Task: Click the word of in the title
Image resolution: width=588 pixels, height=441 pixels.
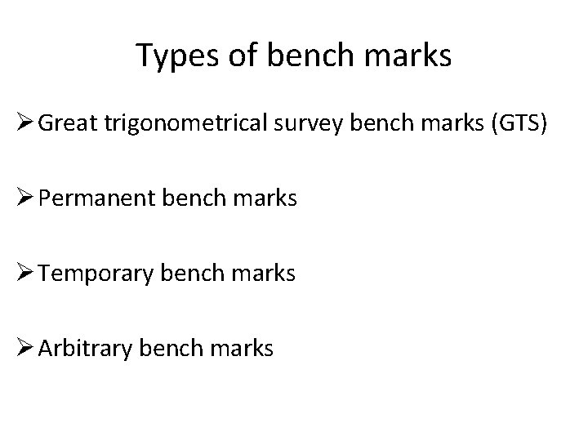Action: tap(228, 55)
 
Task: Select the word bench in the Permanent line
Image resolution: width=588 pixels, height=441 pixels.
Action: tap(197, 198)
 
